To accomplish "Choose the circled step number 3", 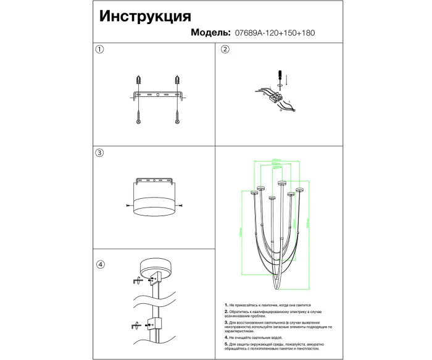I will click(x=100, y=153).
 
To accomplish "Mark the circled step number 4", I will click(x=100, y=265).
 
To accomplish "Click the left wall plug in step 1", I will click(x=138, y=81).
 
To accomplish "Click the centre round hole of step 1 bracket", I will click(x=158, y=94).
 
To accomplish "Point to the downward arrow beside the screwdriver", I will click(x=288, y=79).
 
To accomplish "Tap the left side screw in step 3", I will click(x=128, y=205).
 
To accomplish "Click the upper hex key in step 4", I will click(x=135, y=280).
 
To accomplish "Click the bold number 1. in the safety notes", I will click(x=226, y=306).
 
